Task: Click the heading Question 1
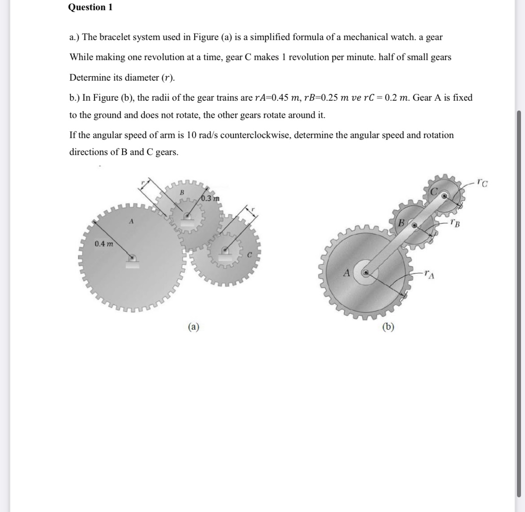[x=90, y=7]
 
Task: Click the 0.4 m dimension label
[x=103, y=244]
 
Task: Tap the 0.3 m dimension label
[x=210, y=198]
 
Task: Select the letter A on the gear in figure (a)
[x=131, y=221]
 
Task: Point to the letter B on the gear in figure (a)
[x=182, y=193]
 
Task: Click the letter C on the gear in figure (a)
[x=249, y=255]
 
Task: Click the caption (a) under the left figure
[x=193, y=327]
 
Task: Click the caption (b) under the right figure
[x=388, y=327]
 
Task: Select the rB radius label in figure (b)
[x=455, y=222]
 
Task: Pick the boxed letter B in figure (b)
[x=401, y=222]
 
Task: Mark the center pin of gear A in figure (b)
[x=366, y=271]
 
